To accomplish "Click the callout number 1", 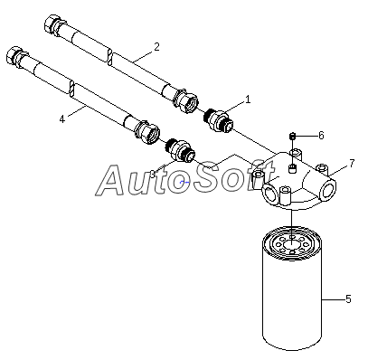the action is pyautogui.click(x=248, y=99).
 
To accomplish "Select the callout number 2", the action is pyautogui.click(x=156, y=47).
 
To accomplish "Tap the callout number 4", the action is pyautogui.click(x=62, y=119).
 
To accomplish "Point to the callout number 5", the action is pyautogui.click(x=348, y=299).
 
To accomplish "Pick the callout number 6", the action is pyautogui.click(x=321, y=136).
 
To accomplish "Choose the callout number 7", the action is pyautogui.click(x=352, y=164).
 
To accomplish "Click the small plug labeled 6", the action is pyautogui.click(x=292, y=137).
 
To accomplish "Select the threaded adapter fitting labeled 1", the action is pyautogui.click(x=219, y=120).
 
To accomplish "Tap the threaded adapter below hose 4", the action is pyautogui.click(x=180, y=149).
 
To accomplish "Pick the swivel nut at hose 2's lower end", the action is pyautogui.click(x=185, y=100).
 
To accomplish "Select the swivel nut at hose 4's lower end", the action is pyautogui.click(x=147, y=132).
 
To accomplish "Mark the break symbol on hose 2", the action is pyautogui.click(x=110, y=57).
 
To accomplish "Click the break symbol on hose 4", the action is pyautogui.click(x=72, y=90).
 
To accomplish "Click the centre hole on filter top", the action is pyautogui.click(x=291, y=245).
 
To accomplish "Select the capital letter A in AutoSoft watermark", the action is pyautogui.click(x=112, y=180).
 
